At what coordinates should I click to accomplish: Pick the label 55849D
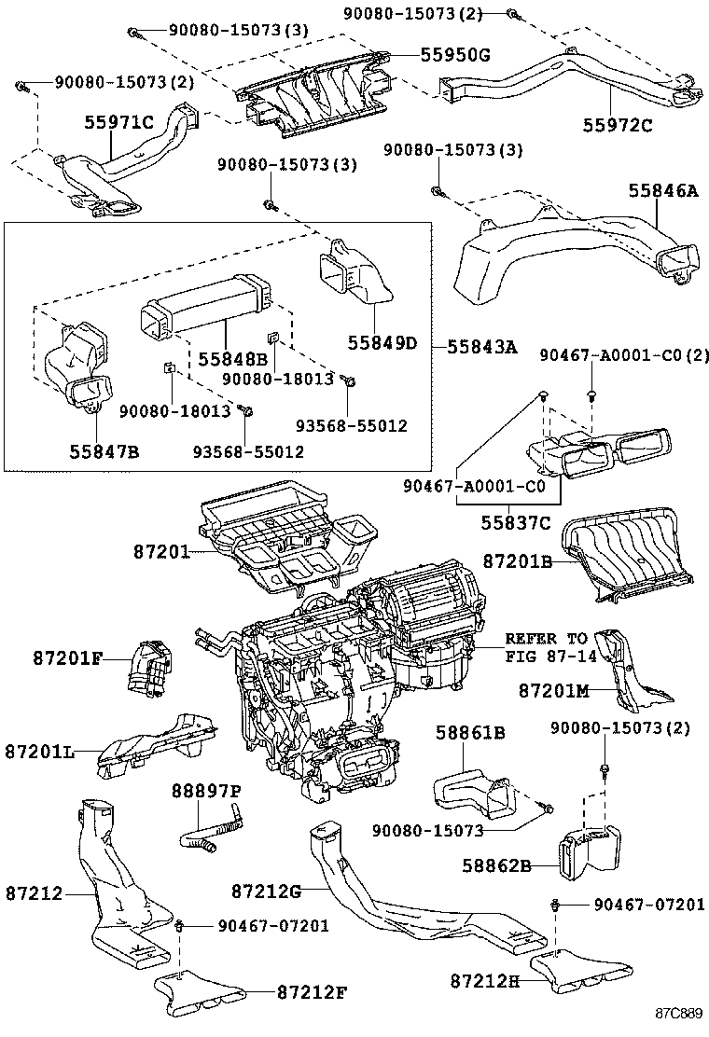click(382, 343)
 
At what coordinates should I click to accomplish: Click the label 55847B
click(104, 451)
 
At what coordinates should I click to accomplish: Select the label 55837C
click(516, 523)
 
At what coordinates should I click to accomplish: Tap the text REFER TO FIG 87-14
click(547, 647)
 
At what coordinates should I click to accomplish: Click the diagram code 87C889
click(676, 1014)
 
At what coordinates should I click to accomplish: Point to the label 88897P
click(205, 791)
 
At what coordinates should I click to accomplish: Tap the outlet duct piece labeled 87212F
click(199, 990)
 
